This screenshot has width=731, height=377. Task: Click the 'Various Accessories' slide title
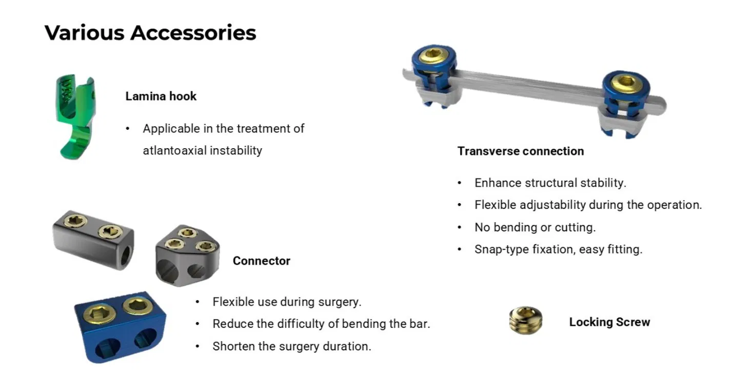click(150, 33)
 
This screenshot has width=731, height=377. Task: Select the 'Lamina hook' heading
click(161, 96)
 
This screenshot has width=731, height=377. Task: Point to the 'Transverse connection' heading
click(520, 151)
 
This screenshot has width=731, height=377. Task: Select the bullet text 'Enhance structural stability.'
click(550, 183)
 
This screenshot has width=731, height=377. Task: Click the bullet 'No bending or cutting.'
click(535, 227)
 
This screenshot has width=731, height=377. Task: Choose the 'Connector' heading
click(261, 261)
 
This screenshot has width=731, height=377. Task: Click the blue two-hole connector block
click(120, 326)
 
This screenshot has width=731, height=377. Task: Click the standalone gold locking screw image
click(526, 321)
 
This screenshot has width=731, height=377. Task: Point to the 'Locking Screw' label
click(609, 322)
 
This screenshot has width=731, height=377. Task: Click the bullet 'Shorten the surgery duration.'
click(291, 346)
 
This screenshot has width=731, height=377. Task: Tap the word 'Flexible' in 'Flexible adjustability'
click(495, 205)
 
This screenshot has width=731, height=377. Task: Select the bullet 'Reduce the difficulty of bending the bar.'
click(321, 324)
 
